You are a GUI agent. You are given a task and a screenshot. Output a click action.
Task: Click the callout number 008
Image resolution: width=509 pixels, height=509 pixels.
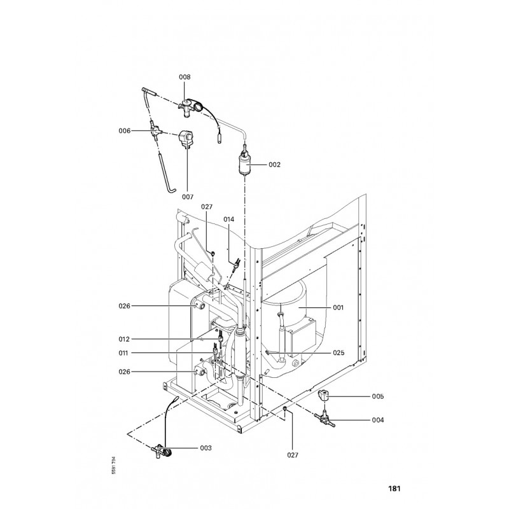[x=185, y=77]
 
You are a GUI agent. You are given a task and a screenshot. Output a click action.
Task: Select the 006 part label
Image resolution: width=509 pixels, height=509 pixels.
[x=124, y=130]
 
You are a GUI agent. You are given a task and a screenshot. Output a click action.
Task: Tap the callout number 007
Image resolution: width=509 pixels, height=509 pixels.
[x=188, y=197]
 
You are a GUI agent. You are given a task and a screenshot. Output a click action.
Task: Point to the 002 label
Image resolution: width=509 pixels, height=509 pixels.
[x=274, y=164]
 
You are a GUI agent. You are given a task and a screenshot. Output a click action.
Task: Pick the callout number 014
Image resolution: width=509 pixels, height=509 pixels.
[x=229, y=219]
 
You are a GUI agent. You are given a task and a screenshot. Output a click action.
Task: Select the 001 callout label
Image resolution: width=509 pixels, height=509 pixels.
[x=338, y=307]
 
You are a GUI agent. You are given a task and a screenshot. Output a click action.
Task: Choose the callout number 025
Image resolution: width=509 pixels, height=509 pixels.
[x=338, y=352]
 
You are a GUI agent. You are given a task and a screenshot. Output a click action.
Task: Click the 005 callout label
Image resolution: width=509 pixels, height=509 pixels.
[x=379, y=396]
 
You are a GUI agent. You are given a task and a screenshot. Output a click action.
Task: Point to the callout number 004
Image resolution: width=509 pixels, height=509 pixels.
[x=379, y=420]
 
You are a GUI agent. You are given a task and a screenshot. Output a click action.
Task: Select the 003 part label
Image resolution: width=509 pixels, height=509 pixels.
[x=205, y=449]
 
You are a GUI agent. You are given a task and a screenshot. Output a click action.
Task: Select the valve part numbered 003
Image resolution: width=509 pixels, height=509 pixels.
[x=160, y=452]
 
